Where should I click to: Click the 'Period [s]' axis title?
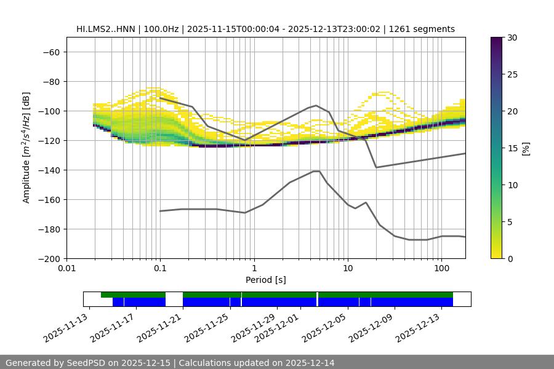(266, 280)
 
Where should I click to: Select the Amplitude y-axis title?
(26, 148)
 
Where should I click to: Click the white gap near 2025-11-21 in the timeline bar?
(174, 299)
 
